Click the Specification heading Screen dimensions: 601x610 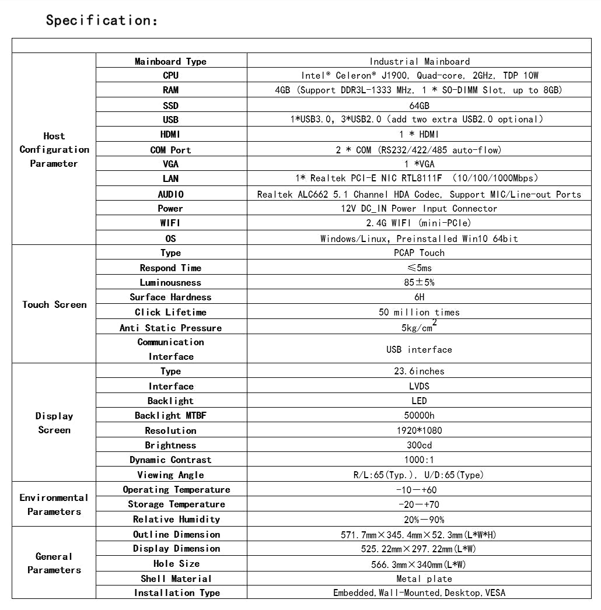click(102, 20)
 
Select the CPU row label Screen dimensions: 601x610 click(170, 75)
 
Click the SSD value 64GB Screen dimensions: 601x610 click(419, 106)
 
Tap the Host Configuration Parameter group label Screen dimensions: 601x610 click(54, 149)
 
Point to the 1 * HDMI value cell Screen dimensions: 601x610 click(419, 134)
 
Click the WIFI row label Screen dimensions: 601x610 click(170, 223)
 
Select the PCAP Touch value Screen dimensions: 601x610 click(419, 253)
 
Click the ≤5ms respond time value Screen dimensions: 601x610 click(419, 268)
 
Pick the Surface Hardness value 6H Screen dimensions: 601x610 click(419, 297)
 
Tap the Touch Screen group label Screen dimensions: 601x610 click(54, 304)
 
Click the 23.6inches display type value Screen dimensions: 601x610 click(419, 371)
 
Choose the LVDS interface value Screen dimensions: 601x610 click(419, 386)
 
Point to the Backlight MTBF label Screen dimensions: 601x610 click(170, 415)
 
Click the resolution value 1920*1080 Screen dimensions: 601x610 click(419, 430)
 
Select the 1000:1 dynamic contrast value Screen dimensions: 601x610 click(419, 460)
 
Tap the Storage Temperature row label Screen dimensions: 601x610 click(176, 504)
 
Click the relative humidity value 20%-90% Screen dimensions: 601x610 click(419, 520)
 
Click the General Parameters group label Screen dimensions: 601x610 click(54, 563)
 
